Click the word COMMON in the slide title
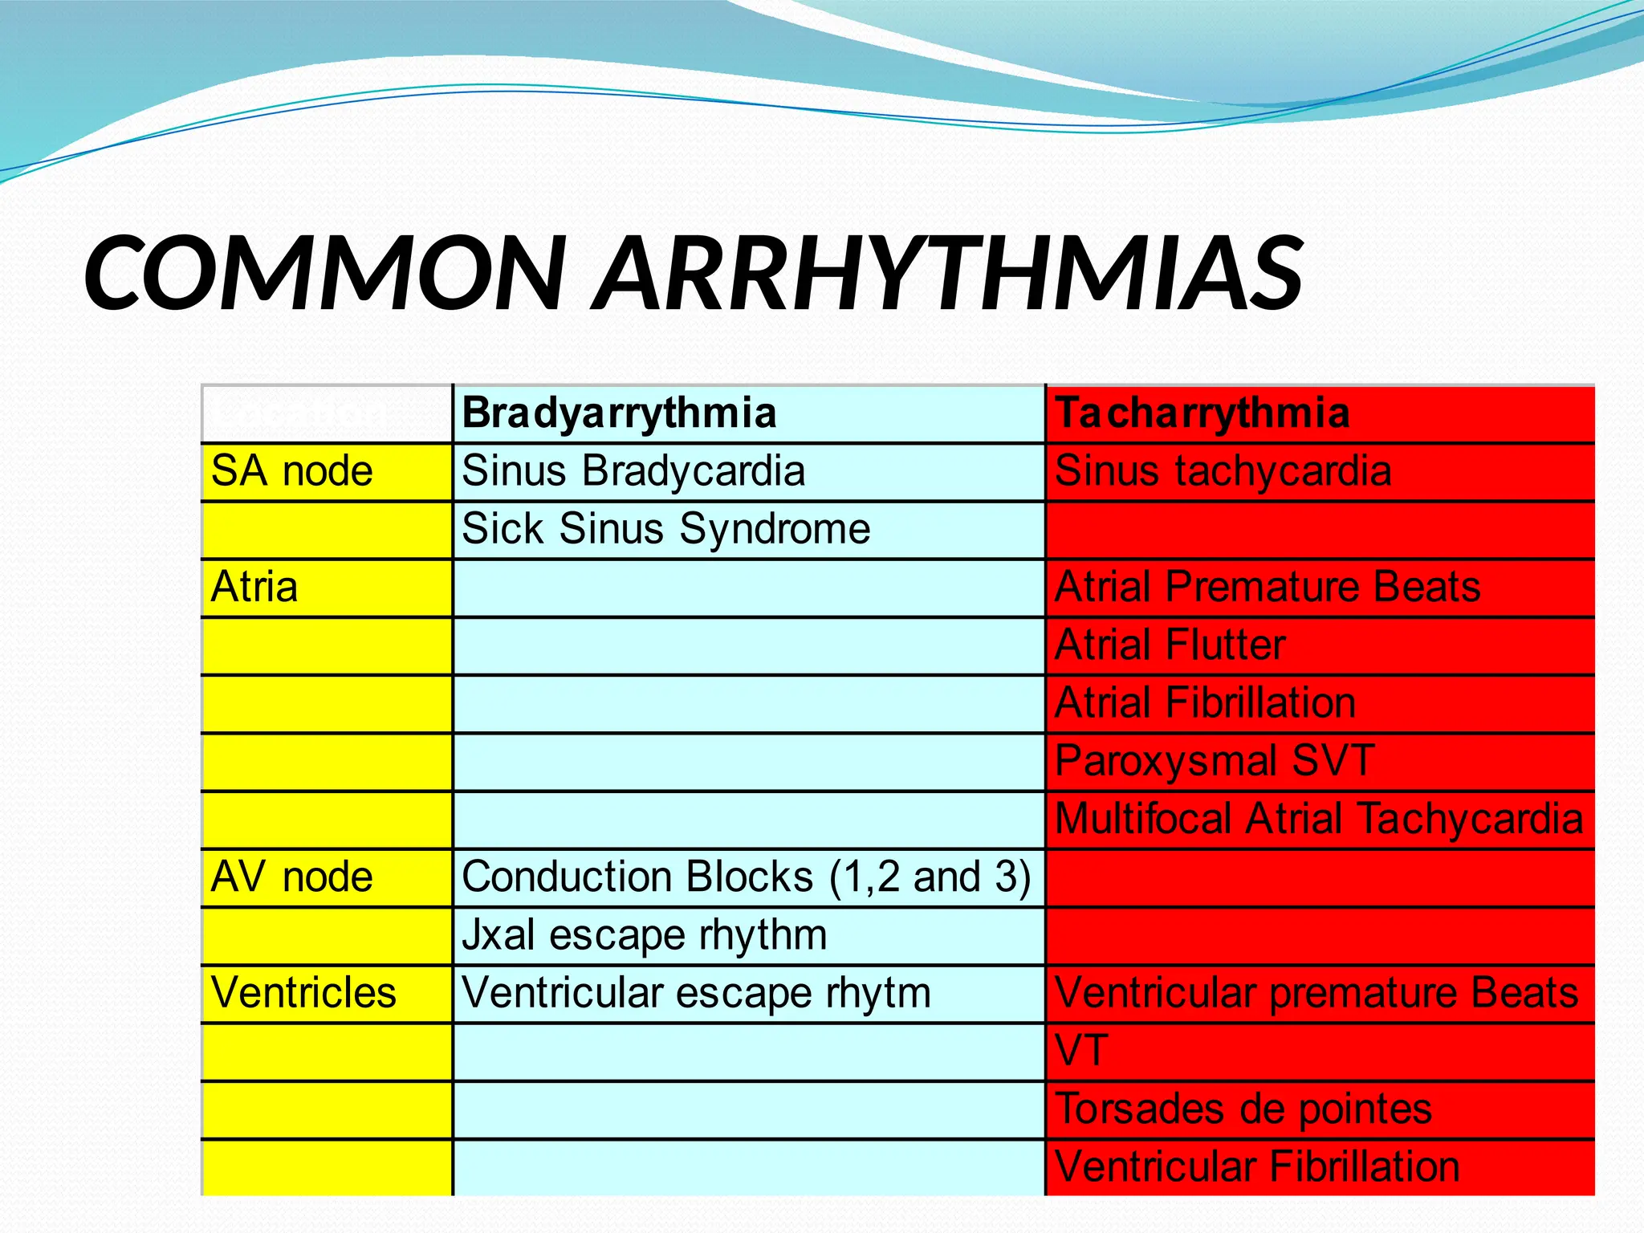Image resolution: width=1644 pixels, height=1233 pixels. tap(325, 273)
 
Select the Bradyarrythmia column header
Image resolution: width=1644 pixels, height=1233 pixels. tap(619, 413)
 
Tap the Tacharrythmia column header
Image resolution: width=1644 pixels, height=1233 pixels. tap(1202, 413)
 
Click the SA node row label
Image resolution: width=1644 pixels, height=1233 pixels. tap(291, 471)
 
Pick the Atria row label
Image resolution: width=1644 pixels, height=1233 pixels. tap(254, 587)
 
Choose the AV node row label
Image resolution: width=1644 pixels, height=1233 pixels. tap(291, 877)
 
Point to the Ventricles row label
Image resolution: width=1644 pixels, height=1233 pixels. tap(303, 993)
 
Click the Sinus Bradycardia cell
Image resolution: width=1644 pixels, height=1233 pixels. tap(633, 471)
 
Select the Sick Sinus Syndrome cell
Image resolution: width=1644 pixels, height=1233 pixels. tap(665, 529)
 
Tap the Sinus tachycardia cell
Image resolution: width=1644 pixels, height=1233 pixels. tap(1223, 471)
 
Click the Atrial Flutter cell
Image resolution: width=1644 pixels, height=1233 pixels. tap(1170, 645)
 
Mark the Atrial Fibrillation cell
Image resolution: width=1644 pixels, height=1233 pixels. tap(1205, 703)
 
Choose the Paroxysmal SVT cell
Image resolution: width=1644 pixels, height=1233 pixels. tap(1215, 761)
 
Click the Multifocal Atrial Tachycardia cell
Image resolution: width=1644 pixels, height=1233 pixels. tap(1318, 819)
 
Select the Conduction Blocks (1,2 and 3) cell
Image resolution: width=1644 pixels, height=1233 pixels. tap(746, 877)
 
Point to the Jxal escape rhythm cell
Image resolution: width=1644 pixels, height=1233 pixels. tap(644, 935)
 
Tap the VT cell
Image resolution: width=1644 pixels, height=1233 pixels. tap(1081, 1051)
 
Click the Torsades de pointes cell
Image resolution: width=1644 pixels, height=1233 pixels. tap(1243, 1109)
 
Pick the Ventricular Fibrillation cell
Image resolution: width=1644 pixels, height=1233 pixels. tap(1256, 1167)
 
